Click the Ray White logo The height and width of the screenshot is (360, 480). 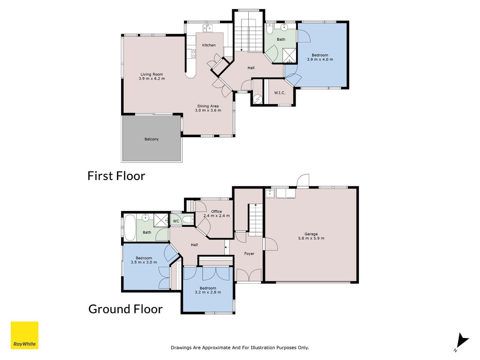pos(24,335)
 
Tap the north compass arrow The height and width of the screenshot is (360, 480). pos(462,342)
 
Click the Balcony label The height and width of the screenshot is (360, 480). pos(152,139)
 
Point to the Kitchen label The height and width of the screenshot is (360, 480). pos(209,45)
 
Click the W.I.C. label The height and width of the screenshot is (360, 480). pos(279,93)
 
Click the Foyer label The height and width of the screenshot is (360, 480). pos(249,253)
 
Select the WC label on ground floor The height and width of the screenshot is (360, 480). pos(176,221)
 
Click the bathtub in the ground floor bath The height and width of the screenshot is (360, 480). pos(130,228)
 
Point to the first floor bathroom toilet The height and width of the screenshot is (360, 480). pos(270,28)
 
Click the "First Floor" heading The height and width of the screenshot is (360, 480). pos(117,175)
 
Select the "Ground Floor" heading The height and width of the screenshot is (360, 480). pos(126,309)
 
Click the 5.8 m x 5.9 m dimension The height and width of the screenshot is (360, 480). pos(311,238)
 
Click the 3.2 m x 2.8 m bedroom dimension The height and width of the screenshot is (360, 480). pos(208,292)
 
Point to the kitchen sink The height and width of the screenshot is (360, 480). pos(207,28)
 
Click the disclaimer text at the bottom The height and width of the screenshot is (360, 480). pos(240,347)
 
